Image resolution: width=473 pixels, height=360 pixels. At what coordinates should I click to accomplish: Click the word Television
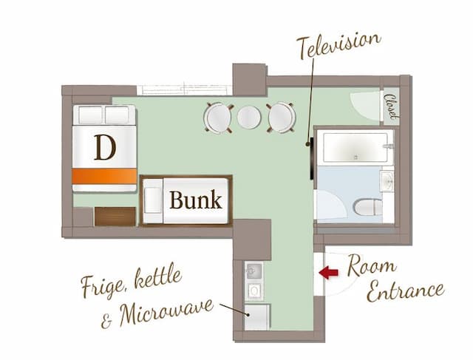click(339, 46)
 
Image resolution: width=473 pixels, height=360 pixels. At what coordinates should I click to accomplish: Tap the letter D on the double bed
click(104, 148)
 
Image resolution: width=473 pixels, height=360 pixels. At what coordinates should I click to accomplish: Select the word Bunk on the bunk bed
click(195, 200)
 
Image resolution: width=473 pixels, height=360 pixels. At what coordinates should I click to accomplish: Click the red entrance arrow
click(328, 273)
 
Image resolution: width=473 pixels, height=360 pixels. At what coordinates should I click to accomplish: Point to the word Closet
click(391, 108)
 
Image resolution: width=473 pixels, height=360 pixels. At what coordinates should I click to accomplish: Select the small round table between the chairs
click(249, 117)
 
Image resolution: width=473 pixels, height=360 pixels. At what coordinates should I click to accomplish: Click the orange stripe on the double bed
click(104, 176)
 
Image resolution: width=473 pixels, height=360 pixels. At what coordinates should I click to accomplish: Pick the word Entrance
click(405, 289)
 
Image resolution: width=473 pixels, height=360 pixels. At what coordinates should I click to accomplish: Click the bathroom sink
click(386, 181)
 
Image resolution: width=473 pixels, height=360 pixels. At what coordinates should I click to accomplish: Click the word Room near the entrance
click(372, 265)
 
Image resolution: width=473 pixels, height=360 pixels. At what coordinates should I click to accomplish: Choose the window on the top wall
click(185, 90)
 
